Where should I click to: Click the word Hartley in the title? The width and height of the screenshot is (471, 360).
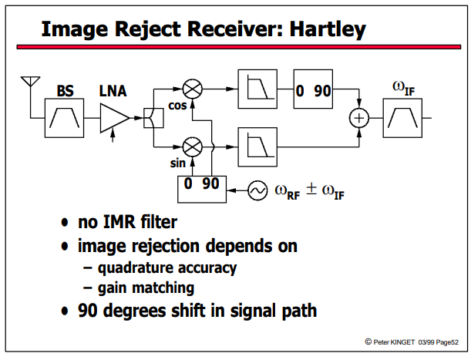pos(328,29)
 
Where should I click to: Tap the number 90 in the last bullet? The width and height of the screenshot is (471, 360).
pos(87,311)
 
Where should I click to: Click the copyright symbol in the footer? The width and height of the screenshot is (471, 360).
pos(368,341)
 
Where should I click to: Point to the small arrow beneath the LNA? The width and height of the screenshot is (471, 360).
pos(113,135)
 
